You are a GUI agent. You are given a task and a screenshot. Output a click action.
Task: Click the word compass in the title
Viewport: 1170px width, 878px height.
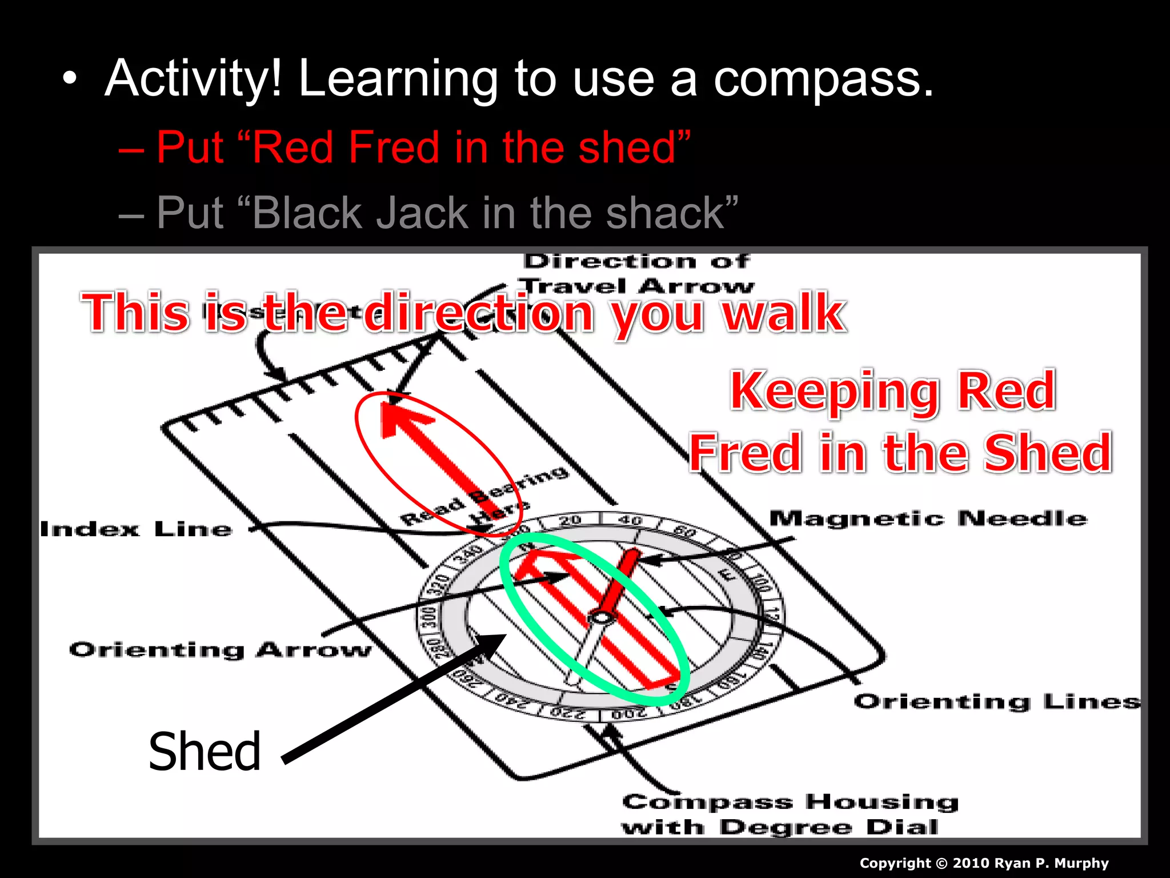[823, 80]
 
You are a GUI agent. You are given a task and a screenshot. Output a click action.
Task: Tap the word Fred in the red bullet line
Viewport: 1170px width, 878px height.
[393, 147]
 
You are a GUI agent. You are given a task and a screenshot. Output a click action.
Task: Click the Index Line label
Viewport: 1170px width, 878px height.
[136, 529]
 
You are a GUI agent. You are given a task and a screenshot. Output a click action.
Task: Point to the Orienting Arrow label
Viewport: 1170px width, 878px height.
[220, 650]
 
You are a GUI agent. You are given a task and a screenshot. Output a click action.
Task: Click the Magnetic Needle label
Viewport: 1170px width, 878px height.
[928, 518]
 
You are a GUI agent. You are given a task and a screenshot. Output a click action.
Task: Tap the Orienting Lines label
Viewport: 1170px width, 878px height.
[996, 701]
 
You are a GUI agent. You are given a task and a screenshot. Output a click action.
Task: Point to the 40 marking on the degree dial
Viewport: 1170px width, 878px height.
[631, 520]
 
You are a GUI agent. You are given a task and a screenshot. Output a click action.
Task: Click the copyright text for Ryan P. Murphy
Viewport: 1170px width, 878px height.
[984, 863]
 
